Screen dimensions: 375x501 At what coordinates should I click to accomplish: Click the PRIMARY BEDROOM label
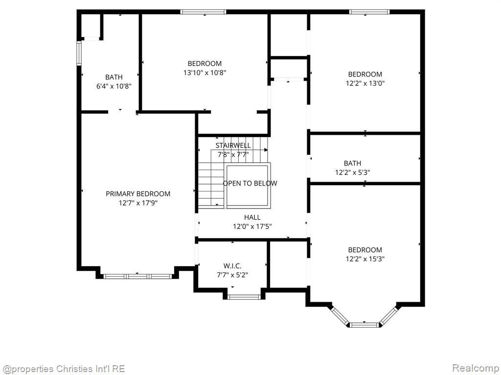[x=138, y=194]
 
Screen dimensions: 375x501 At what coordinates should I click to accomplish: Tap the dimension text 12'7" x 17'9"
[x=138, y=203]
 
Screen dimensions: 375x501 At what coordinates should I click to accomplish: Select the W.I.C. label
[x=232, y=266]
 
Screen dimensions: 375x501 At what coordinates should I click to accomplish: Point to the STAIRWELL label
[x=233, y=146]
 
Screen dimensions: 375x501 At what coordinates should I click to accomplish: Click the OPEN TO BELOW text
[x=250, y=184]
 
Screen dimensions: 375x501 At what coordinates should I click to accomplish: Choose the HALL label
[x=252, y=217]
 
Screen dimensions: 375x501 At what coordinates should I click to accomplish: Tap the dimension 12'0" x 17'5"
[x=252, y=226]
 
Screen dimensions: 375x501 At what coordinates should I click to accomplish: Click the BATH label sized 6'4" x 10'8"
[x=114, y=77]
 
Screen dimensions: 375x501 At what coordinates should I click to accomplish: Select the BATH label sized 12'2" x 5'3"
[x=352, y=164]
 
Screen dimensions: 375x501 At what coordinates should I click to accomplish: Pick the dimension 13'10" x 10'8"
[x=205, y=72]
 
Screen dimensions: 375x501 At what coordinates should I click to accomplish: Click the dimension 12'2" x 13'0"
[x=365, y=83]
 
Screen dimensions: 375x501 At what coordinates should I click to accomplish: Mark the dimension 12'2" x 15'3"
[x=365, y=259]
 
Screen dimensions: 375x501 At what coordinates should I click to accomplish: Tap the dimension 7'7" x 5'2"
[x=232, y=274]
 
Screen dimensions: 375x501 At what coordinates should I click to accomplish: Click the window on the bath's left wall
[x=79, y=53]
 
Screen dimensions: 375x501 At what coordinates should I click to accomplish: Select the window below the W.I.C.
[x=244, y=296]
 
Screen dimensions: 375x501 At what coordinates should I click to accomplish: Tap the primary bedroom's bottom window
[x=137, y=276]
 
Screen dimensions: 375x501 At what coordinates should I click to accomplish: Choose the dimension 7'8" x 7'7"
[x=233, y=154]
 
